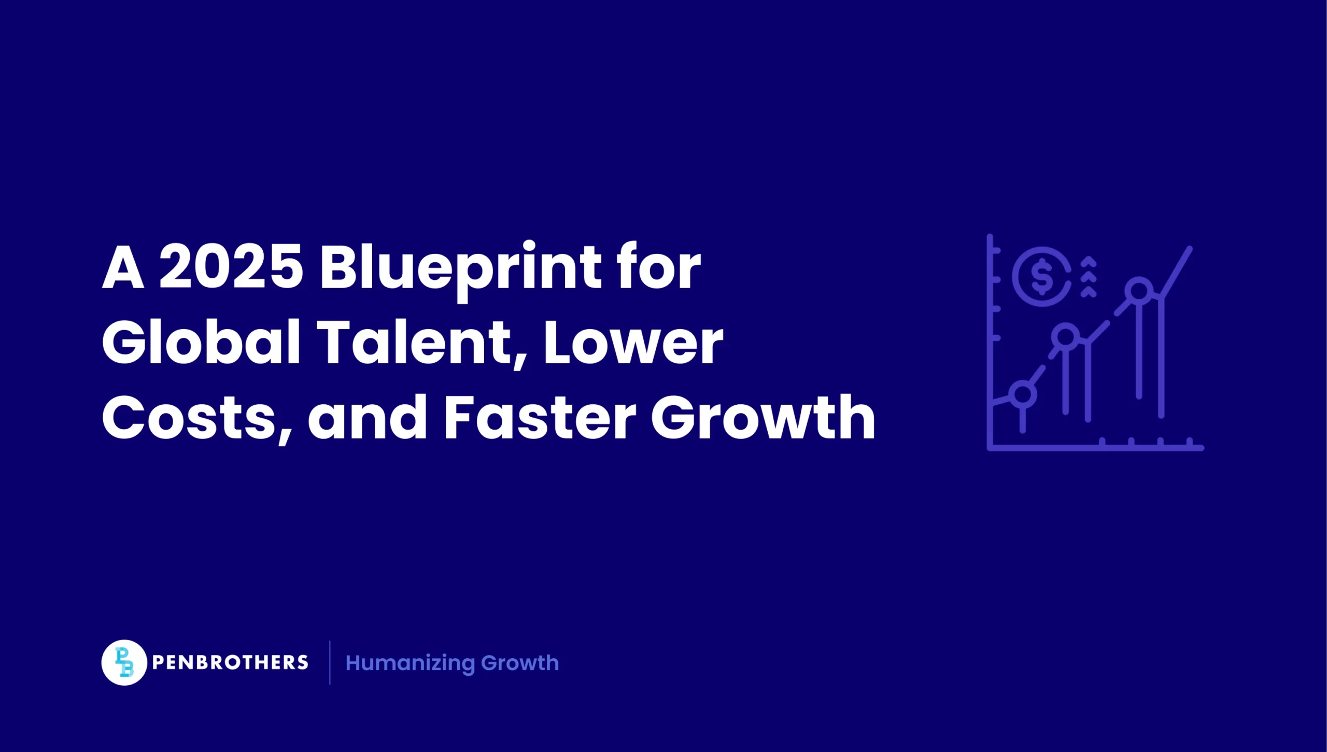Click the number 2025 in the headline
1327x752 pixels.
(231, 267)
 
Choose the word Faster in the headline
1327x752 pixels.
(540, 418)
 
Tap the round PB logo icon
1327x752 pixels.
(124, 662)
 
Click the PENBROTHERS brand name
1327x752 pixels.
(230, 662)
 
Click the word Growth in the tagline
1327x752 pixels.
(520, 663)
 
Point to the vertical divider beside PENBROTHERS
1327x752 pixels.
(330, 662)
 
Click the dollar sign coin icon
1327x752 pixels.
(1042, 276)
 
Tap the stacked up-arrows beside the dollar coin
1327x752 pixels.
(1089, 277)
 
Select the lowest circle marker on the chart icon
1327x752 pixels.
(1023, 394)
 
